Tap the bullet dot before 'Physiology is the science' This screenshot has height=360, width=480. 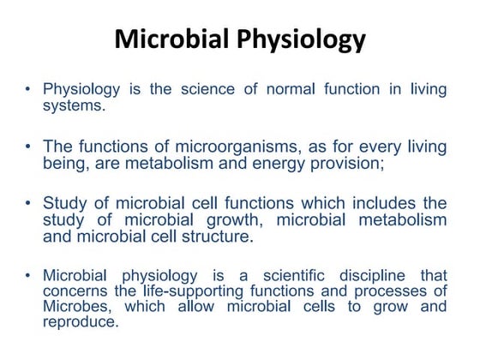[x=30, y=89]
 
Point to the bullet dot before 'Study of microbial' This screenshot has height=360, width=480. [x=30, y=203]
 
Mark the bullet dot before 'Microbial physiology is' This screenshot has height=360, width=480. [x=30, y=276]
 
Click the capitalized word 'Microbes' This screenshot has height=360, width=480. [x=73, y=307]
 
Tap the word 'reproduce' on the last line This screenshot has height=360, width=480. [x=79, y=322]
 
